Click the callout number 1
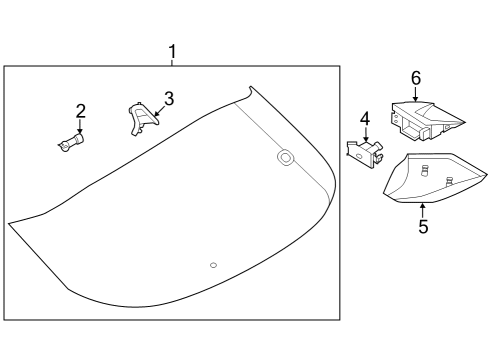[x=172, y=51]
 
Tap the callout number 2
[x=80, y=111]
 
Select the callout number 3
[x=169, y=98]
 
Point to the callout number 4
[x=365, y=119]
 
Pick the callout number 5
[x=423, y=227]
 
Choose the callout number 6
[x=416, y=77]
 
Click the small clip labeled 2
[x=70, y=144]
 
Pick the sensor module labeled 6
[x=425, y=118]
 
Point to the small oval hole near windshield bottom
[x=212, y=264]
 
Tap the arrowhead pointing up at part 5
[x=423, y=206]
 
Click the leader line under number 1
[x=172, y=62]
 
